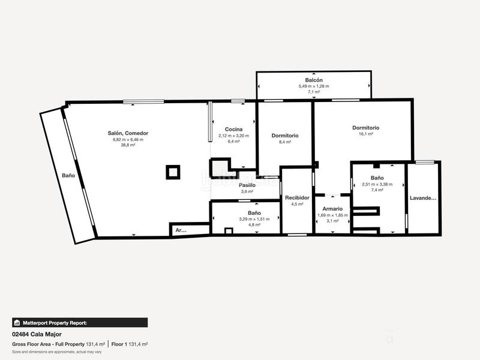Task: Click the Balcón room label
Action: (314, 80)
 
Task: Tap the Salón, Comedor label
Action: (128, 133)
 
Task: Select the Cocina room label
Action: (233, 130)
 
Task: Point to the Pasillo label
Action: (247, 185)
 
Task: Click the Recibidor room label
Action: (297, 197)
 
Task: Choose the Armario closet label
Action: (332, 209)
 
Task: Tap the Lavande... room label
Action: (423, 199)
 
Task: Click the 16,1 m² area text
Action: (365, 134)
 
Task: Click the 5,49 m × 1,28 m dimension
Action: (314, 86)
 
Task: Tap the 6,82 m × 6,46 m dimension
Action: (128, 140)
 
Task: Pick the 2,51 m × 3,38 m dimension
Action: (377, 184)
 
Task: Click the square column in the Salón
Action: (173, 172)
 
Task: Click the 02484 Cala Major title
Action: (37, 334)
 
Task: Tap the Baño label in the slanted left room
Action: (68, 176)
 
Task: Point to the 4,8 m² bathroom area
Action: (254, 225)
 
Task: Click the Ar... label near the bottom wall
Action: (181, 230)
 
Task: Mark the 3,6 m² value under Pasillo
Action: (247, 191)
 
